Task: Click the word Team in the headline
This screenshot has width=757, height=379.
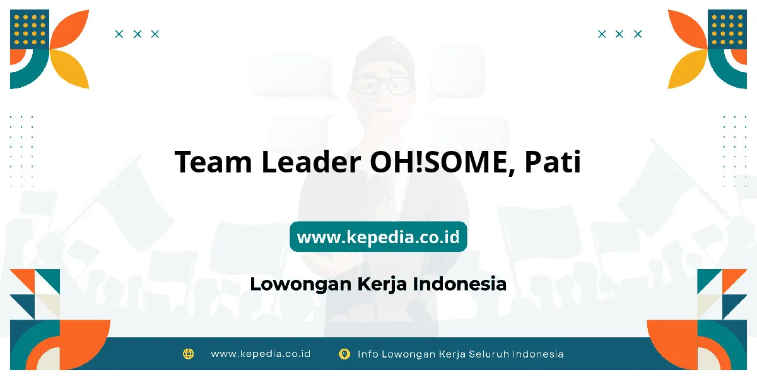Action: tap(213, 162)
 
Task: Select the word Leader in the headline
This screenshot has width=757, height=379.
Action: tap(311, 162)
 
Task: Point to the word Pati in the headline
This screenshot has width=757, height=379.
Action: tap(553, 162)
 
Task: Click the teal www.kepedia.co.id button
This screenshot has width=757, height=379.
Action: tap(378, 236)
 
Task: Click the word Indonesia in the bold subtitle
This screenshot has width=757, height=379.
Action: tap(460, 284)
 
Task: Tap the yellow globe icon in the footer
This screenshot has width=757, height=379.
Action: tap(188, 354)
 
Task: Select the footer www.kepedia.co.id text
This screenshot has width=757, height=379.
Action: tap(261, 354)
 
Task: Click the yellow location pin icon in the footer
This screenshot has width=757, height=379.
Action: tap(344, 354)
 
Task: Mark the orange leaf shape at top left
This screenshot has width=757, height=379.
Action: tap(69, 29)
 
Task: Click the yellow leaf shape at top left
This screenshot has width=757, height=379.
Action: tap(69, 69)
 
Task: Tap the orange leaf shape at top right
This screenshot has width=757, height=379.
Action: tap(688, 29)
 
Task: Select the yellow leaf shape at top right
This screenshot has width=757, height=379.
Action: tap(688, 69)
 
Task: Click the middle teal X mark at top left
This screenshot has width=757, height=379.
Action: tap(138, 34)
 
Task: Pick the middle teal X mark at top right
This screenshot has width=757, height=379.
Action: tap(619, 34)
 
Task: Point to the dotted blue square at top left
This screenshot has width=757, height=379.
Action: tap(30, 29)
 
